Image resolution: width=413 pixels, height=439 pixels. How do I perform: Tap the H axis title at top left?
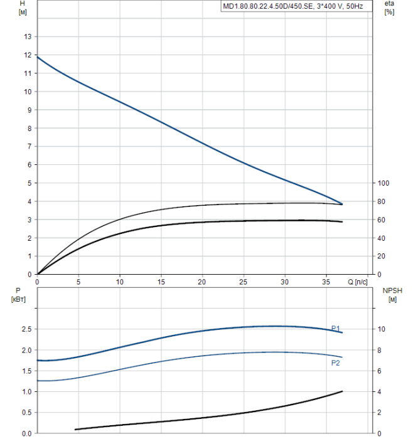point(23,8)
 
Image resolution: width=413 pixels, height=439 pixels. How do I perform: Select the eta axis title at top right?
point(389,8)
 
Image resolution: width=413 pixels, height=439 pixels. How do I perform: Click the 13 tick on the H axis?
point(27,37)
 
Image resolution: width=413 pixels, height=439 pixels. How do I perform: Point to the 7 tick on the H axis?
point(29,147)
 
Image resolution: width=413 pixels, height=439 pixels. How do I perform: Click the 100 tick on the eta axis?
point(383,183)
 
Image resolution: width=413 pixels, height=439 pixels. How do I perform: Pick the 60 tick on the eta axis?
point(381,220)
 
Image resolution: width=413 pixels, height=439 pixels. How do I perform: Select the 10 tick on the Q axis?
point(120,282)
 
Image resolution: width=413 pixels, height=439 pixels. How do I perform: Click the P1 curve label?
point(336,328)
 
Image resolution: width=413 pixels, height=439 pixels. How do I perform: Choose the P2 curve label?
point(336,362)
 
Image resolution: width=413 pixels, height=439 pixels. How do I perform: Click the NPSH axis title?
point(390,295)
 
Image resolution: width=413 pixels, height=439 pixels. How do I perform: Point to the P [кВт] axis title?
point(18,295)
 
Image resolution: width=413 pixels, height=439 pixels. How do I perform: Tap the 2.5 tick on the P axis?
point(26,329)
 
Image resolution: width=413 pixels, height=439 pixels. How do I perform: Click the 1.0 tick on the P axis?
point(26,392)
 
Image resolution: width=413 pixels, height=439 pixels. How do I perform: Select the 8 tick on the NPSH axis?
point(379,350)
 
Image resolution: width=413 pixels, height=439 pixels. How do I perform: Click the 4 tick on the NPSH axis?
point(379,392)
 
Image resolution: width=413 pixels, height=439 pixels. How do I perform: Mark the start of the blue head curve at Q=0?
point(38,57)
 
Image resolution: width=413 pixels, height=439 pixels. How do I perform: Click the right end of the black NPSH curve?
point(342,391)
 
